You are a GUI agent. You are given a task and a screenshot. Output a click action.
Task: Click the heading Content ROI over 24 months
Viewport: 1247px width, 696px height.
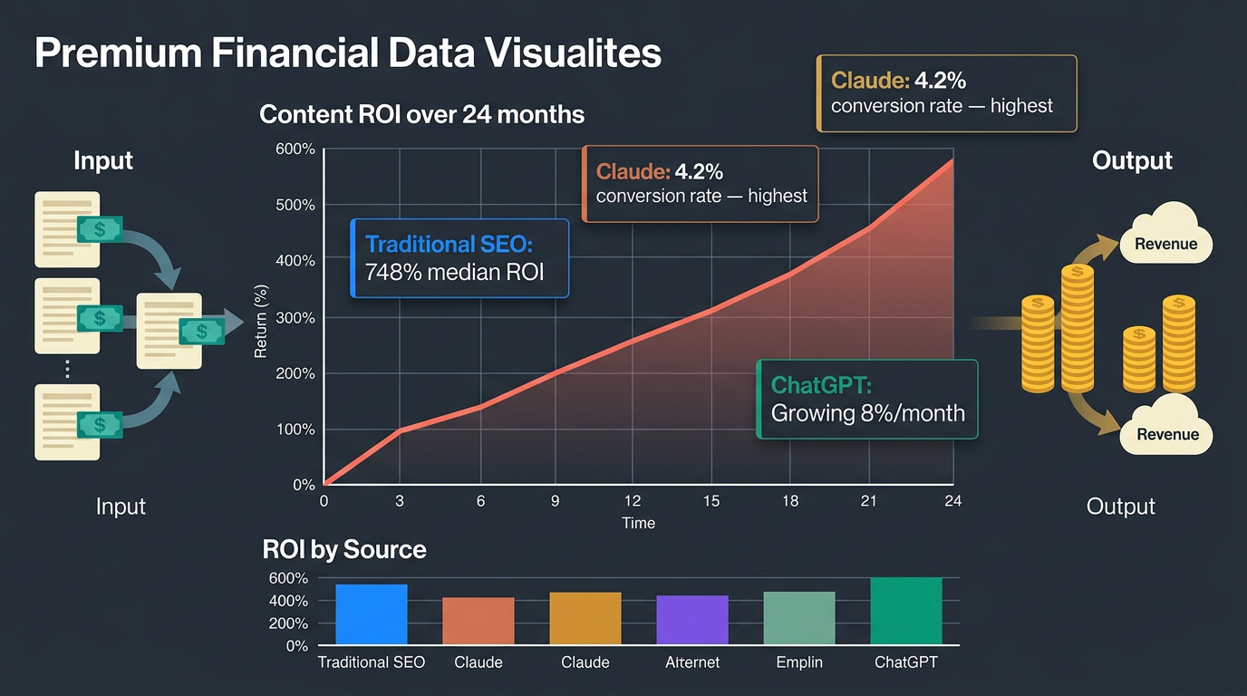point(421,115)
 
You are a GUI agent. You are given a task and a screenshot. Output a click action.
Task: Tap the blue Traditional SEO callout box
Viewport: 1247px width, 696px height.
point(459,258)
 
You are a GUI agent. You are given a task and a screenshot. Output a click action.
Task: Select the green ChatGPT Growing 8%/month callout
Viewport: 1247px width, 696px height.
point(867,400)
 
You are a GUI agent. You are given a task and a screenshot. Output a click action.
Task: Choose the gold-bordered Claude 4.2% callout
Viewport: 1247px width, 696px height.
point(946,94)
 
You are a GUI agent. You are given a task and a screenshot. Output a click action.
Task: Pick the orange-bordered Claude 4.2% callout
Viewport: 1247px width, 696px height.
point(701,184)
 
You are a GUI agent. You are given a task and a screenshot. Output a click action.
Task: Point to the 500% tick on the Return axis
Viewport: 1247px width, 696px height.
point(295,205)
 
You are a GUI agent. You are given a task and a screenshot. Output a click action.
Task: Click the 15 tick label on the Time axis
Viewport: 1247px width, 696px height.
point(711,500)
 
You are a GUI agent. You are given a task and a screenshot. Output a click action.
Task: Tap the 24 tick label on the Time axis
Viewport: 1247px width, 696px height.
point(952,500)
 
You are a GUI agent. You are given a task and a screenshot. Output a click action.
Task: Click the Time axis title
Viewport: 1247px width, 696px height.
point(638,523)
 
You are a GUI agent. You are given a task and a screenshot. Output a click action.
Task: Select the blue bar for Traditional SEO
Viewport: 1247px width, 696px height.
point(372,614)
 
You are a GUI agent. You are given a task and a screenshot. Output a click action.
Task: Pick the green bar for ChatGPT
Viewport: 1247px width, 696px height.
point(906,611)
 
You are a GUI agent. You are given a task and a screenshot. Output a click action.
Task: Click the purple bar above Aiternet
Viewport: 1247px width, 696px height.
point(692,620)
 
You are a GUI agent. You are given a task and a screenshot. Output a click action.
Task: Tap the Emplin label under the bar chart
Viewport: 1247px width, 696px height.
point(799,662)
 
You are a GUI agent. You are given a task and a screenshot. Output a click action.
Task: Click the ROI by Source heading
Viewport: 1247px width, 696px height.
point(343,549)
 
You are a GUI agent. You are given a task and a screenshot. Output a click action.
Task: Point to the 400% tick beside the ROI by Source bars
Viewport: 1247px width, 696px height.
point(288,601)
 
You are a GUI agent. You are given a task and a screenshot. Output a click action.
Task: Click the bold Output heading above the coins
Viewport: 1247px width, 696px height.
point(1132,161)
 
